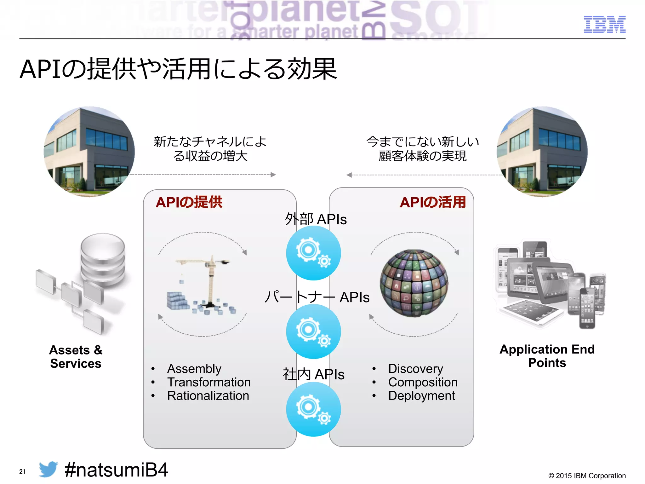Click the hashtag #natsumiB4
tap(116, 470)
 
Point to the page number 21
tap(22, 472)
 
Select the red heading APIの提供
tap(189, 202)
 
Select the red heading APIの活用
tap(432, 202)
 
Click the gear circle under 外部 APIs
tap(313, 253)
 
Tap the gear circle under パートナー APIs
tap(313, 331)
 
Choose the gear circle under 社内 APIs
tap(313, 409)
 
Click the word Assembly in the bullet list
tap(194, 369)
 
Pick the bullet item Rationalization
tap(208, 396)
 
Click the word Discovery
tap(415, 369)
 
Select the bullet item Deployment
tap(421, 396)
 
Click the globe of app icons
tap(414, 283)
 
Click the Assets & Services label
tap(76, 357)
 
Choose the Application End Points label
tap(547, 356)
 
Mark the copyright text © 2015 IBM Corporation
tap(587, 476)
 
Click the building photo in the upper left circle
tap(89, 152)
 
